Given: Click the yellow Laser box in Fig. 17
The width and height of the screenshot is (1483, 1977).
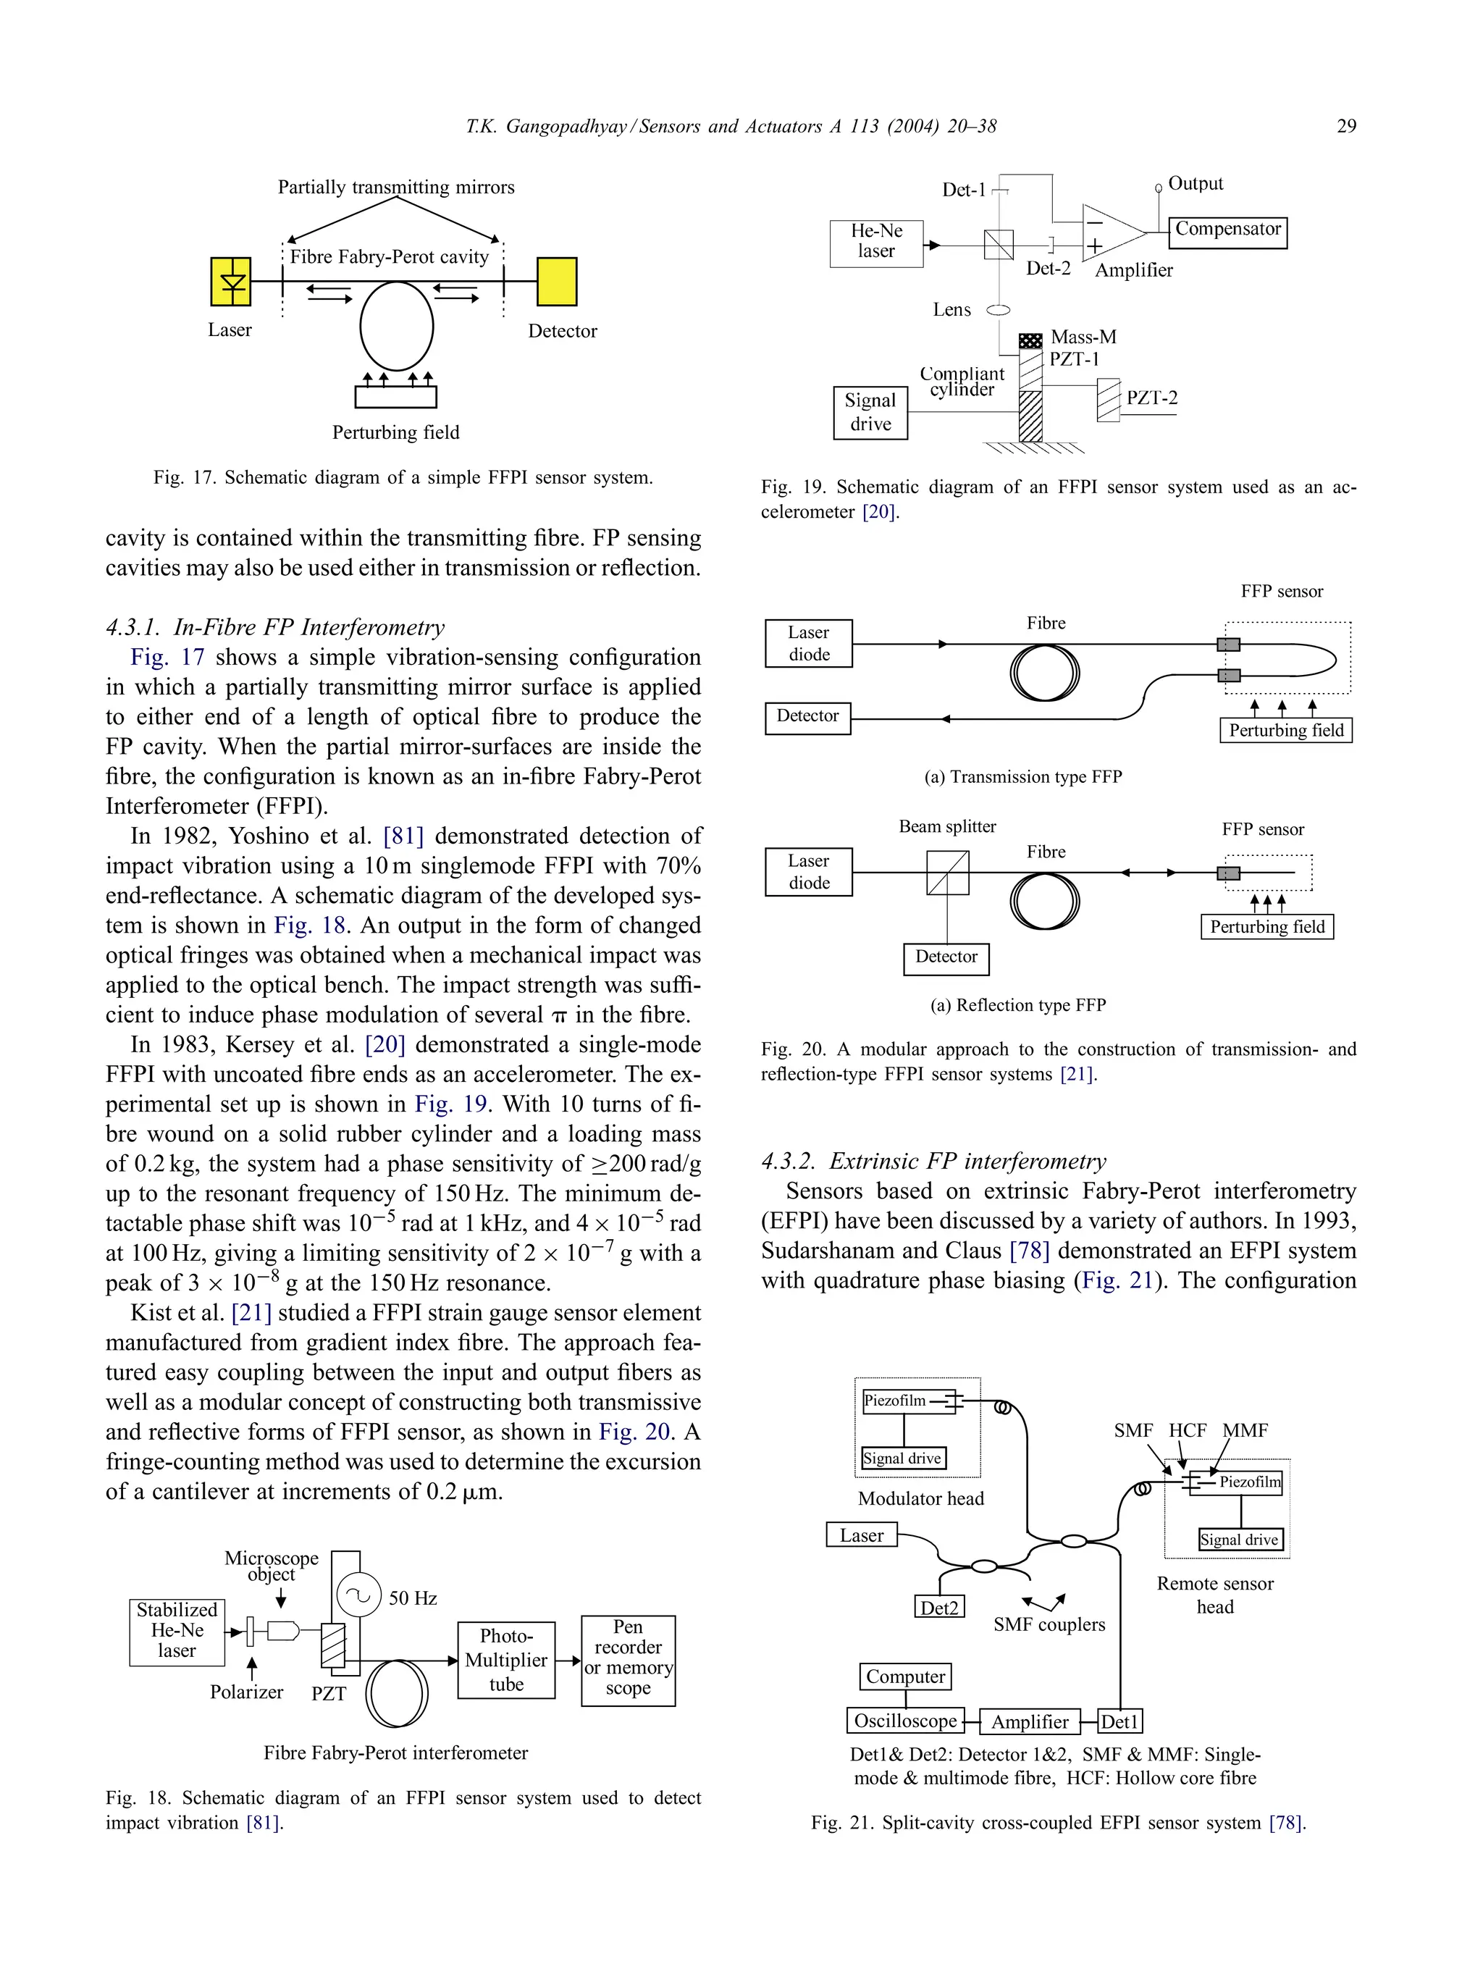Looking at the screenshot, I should coord(230,282).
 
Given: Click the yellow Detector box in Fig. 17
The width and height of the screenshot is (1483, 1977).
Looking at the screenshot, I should coord(556,282).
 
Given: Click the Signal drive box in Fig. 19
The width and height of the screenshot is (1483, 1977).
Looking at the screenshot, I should coord(870,412).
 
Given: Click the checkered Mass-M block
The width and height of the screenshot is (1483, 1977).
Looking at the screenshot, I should coord(1030,340).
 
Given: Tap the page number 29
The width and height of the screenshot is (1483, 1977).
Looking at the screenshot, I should coord(1345,126).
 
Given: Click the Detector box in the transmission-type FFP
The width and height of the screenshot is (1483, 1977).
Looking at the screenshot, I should coord(807,717).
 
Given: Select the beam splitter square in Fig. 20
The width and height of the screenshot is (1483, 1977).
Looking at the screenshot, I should coord(948,873).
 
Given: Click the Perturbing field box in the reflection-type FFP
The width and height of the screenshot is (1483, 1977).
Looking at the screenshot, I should coord(1266,927).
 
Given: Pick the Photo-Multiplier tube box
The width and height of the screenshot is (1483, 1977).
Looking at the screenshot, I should coord(506,1660).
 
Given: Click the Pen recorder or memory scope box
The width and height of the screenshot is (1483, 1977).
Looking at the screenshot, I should coord(628,1660).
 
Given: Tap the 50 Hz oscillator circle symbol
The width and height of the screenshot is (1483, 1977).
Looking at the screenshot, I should coord(358,1595).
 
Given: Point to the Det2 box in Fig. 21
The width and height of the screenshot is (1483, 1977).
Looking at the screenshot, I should coord(938,1608).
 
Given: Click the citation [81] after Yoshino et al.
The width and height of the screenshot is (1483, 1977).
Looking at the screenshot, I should coord(403,836).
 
